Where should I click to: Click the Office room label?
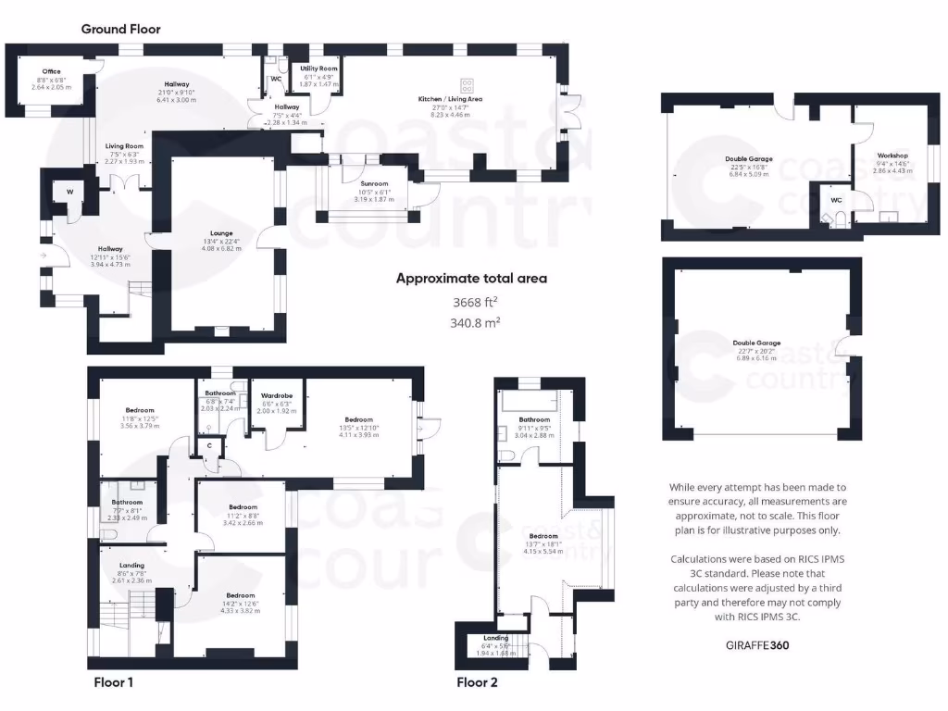click(x=51, y=71)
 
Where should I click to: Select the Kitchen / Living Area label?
click(x=451, y=98)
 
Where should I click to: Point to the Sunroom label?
click(x=374, y=184)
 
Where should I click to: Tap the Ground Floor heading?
click(x=120, y=29)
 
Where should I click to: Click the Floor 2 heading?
click(x=477, y=683)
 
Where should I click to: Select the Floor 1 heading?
click(x=114, y=683)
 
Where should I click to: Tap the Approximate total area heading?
click(x=471, y=278)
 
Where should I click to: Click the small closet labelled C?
click(x=210, y=445)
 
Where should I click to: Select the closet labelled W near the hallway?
click(x=69, y=192)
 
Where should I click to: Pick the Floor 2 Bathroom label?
click(x=534, y=419)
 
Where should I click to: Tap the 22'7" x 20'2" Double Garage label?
click(x=755, y=343)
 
